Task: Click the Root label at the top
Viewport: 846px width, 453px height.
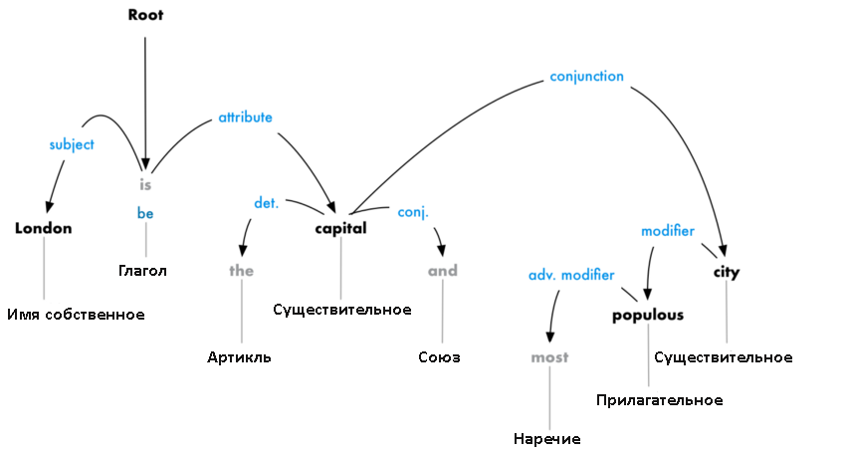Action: pos(145,15)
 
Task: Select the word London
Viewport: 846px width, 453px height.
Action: pos(44,228)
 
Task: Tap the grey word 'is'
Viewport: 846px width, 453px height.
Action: pos(145,184)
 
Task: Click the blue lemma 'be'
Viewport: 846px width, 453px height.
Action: pos(145,212)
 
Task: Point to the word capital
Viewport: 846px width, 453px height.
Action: pos(341,228)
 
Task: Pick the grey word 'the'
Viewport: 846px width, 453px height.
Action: pos(242,270)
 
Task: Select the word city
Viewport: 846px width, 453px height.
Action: pos(727,271)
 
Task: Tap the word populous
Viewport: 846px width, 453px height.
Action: pos(648,315)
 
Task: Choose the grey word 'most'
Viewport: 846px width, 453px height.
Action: pos(548,356)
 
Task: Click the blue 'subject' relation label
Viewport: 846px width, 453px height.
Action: pos(72,144)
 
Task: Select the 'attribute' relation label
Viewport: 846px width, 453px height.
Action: pos(245,117)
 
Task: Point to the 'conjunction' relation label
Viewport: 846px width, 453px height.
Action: pos(586,76)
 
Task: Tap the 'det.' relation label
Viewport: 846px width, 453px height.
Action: pos(266,203)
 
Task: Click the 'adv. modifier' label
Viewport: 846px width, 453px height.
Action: pos(571,274)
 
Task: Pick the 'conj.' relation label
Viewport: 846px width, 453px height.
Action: pos(413,212)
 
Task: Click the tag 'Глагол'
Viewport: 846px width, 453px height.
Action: pos(142,270)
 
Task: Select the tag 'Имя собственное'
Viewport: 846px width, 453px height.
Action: pos(76,315)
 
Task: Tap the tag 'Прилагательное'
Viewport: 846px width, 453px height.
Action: pos(659,399)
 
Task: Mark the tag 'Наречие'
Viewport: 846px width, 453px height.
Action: pos(547,439)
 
